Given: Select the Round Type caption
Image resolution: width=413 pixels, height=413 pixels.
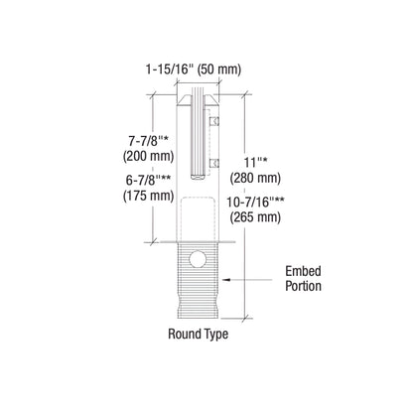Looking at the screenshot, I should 198,335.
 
